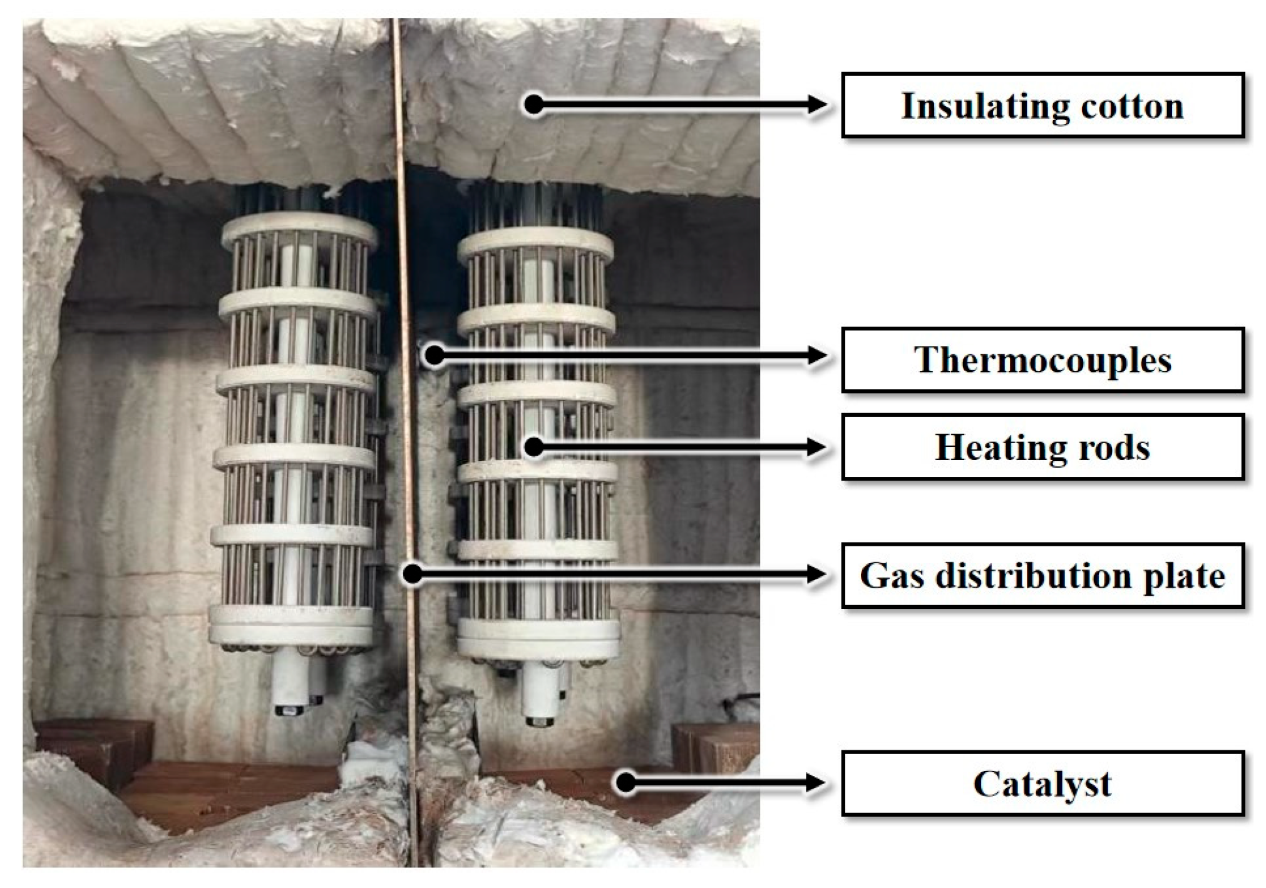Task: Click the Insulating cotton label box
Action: [x=1042, y=105]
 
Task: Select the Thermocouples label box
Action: [x=1042, y=360]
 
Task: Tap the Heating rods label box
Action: [x=1042, y=447]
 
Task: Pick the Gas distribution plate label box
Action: [x=1042, y=576]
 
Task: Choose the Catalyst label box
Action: [x=1042, y=783]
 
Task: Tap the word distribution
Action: [x=1033, y=576]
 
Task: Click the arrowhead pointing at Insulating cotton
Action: [x=817, y=105]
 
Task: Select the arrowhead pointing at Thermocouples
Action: [x=817, y=356]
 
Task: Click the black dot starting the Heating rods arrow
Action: [x=534, y=447]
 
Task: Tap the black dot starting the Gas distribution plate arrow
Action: [x=413, y=573]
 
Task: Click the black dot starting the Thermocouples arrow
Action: [x=434, y=355]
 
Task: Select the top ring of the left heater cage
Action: [x=299, y=228]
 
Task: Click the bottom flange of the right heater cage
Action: [x=538, y=641]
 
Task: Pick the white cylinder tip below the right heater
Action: [x=540, y=701]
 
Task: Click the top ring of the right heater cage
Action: [x=535, y=244]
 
